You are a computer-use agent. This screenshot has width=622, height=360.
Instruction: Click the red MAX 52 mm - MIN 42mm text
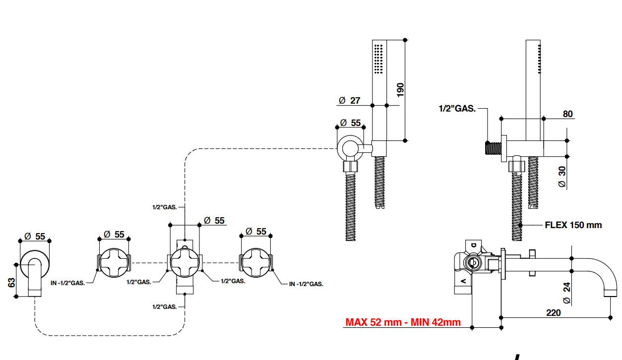coord(403,322)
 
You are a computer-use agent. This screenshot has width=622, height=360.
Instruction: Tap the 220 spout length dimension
coord(553,312)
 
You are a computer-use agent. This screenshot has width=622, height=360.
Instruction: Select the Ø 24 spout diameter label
coord(567,293)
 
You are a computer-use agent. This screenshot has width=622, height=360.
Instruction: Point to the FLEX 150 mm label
coord(573,225)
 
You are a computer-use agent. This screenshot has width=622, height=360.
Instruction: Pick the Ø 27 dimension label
coord(349,100)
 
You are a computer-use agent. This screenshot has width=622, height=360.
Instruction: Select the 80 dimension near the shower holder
coord(567,114)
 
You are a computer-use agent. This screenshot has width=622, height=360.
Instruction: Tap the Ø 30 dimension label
coord(562,176)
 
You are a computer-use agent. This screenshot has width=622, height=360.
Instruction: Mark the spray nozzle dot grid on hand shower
coord(378,58)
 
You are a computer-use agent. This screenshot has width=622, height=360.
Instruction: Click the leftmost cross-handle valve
coord(114,261)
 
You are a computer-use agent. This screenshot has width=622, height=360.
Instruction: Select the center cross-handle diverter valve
coord(185,261)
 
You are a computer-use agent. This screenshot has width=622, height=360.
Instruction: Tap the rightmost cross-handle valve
coord(256,261)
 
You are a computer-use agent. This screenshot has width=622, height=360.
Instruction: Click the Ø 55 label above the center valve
coord(214,220)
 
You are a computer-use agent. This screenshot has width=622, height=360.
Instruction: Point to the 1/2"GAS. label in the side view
coord(457,109)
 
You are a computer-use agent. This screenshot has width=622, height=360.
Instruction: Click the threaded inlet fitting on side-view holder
coord(493,148)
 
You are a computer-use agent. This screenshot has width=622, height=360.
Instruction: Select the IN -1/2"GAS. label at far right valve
coord(306,284)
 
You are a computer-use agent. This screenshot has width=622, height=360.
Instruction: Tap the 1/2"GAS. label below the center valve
coord(164,307)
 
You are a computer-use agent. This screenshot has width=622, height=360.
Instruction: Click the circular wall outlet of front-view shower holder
coord(351,147)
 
